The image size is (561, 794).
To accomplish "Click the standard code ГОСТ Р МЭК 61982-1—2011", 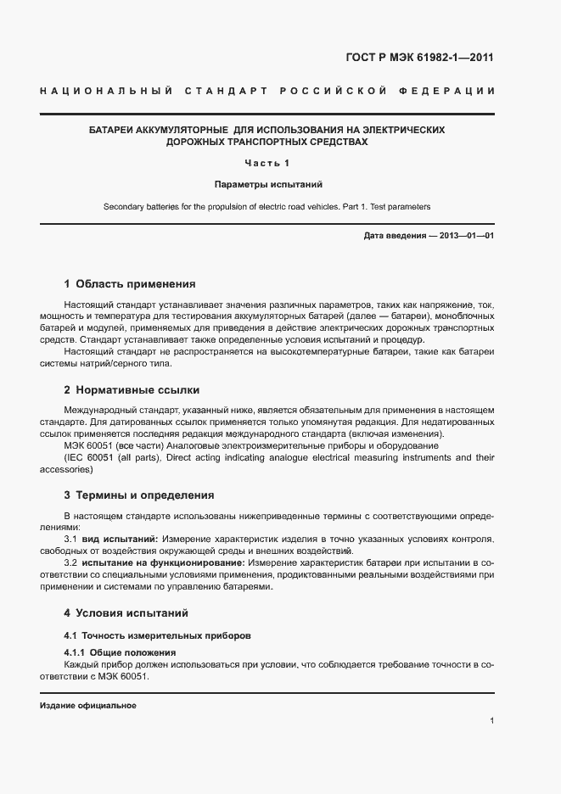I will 419,59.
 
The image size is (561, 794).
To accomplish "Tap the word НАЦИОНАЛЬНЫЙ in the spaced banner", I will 106,90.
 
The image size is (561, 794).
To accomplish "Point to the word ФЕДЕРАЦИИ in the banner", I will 454,90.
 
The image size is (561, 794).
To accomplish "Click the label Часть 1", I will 267,163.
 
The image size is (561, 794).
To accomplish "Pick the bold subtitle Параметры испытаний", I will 267,184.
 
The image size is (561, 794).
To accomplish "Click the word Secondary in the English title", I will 125,206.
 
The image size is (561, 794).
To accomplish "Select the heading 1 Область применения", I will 130,284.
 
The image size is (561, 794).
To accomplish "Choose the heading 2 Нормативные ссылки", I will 132,390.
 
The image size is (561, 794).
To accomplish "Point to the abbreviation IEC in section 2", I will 74,457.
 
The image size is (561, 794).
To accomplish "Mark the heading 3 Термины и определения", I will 139,495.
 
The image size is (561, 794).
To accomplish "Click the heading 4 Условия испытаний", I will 126,612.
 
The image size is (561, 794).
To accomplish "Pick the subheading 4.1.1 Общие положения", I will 120,651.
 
